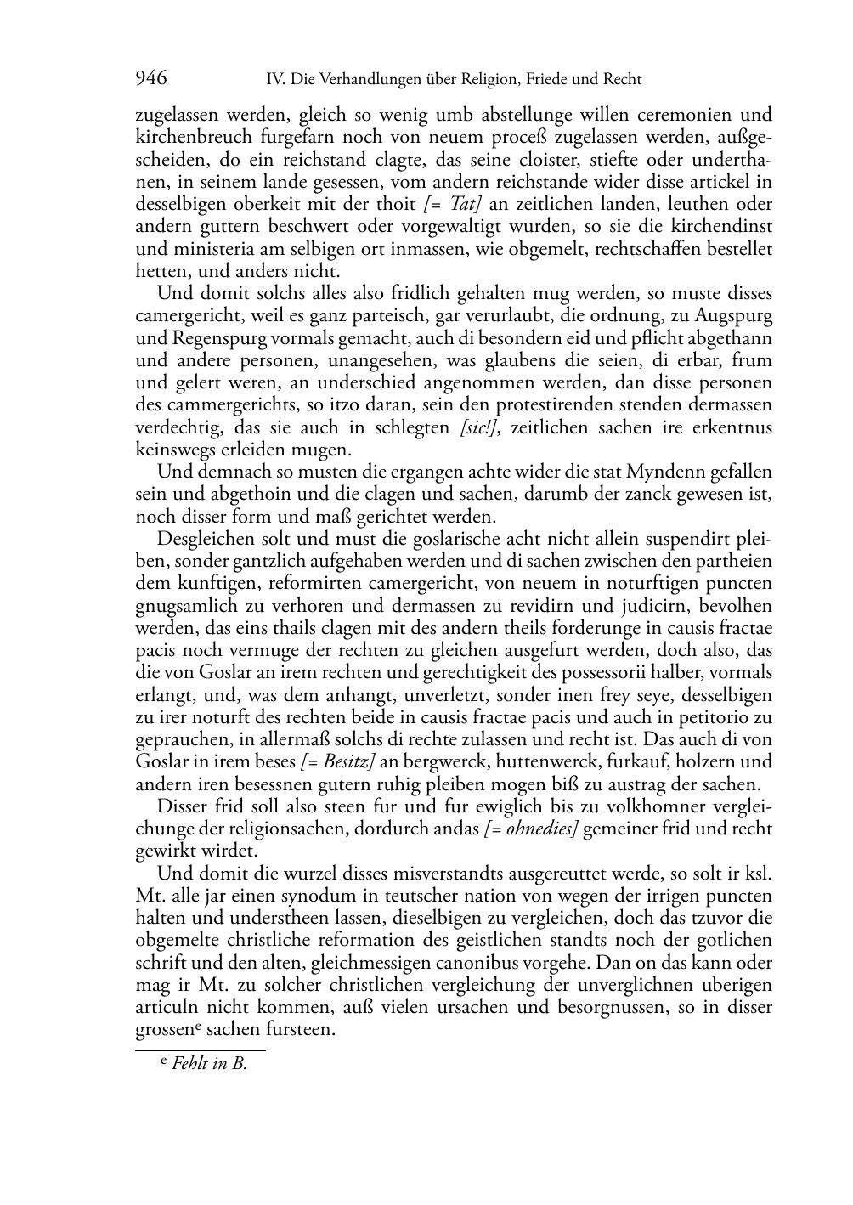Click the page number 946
151,79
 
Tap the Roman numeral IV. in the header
274,80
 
